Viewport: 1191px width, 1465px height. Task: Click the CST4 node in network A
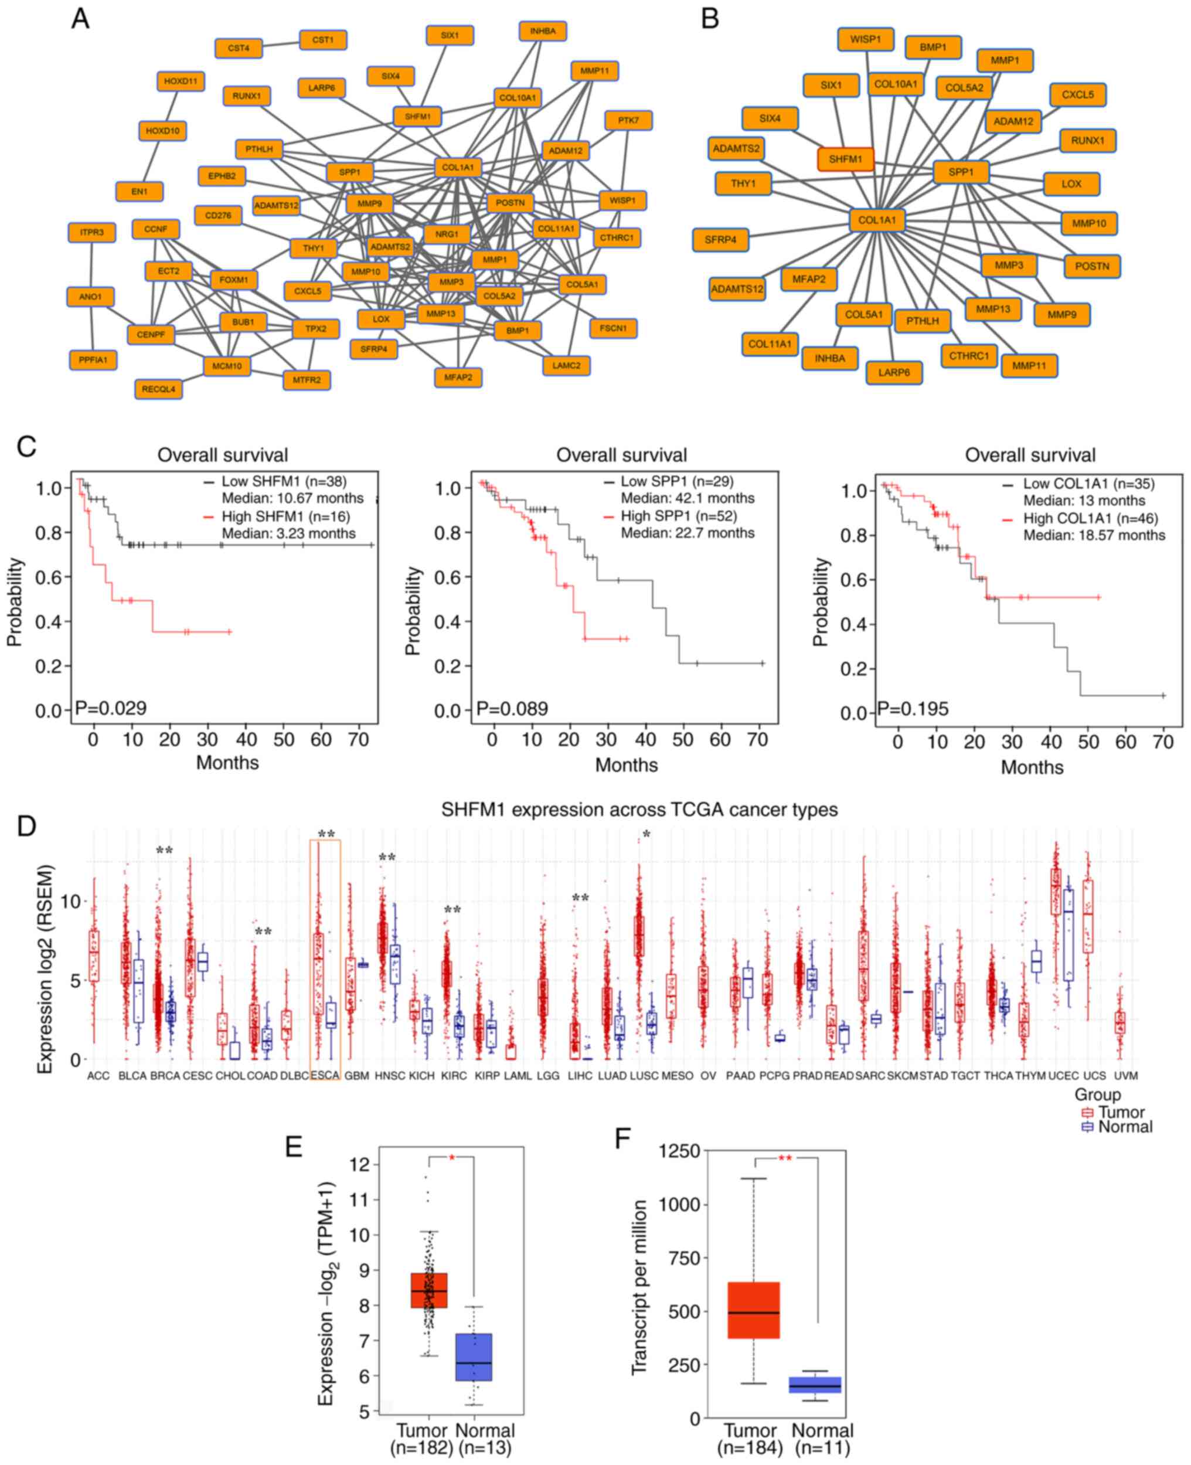pos(238,49)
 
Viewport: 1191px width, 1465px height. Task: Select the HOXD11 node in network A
pos(181,81)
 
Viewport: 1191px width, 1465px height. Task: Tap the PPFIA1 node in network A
pos(93,359)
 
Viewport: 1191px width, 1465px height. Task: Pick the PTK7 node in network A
pos(628,121)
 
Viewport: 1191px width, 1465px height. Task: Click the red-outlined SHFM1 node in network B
pos(845,159)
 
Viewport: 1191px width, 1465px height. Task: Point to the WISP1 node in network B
pos(865,40)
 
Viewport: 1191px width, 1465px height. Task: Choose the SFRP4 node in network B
pos(720,240)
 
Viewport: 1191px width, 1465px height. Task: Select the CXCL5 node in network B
pos(1078,95)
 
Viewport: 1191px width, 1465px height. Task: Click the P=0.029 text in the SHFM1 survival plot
pos(110,708)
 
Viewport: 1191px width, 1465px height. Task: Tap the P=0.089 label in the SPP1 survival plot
pos(512,709)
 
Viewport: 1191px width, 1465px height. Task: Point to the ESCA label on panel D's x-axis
pos(325,1076)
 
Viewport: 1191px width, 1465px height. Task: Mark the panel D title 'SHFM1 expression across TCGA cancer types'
pos(639,810)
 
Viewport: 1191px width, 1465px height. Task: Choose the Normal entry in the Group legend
pos(1125,1127)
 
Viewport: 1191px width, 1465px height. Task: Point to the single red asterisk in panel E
pos(452,1158)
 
